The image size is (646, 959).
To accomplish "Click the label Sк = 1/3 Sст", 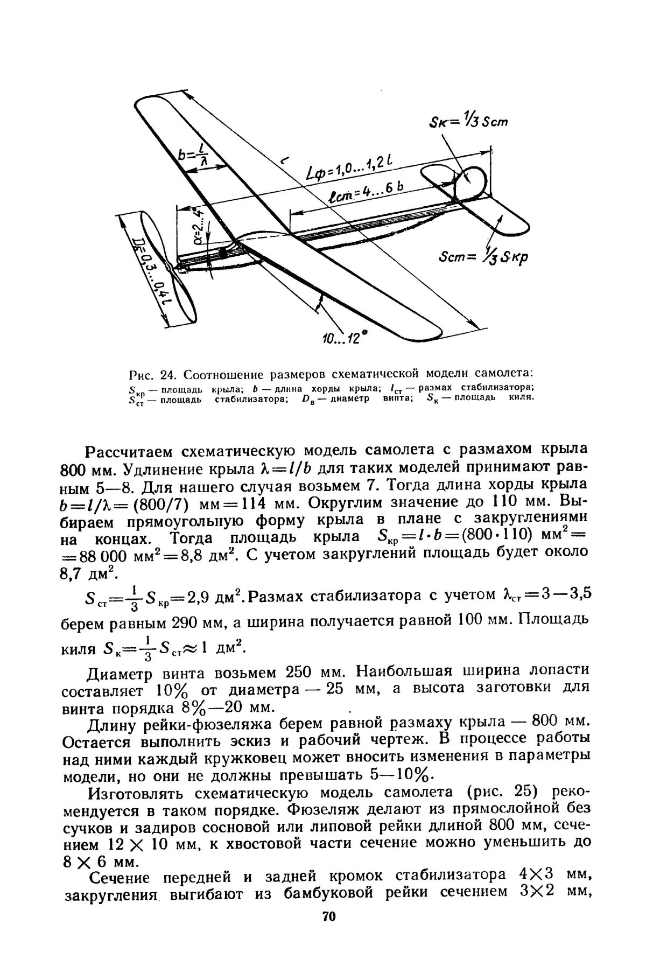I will click(x=467, y=122).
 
